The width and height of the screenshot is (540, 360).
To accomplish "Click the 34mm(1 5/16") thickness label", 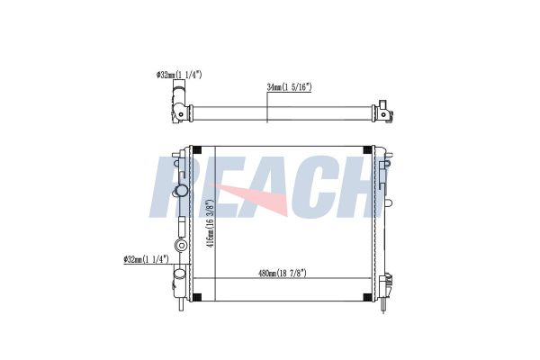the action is (x=289, y=86).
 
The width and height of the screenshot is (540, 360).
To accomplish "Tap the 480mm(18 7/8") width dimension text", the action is (x=283, y=274).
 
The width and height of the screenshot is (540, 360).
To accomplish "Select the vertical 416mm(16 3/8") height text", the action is (x=211, y=223).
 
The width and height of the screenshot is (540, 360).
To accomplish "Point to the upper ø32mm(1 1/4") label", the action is (x=179, y=75).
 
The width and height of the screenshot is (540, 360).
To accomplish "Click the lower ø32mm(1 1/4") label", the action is (x=146, y=259).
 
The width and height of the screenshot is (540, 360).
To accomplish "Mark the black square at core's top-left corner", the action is (x=197, y=150).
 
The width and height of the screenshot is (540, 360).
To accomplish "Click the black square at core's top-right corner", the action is (x=368, y=150).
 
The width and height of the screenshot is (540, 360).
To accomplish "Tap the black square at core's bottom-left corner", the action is (x=197, y=297).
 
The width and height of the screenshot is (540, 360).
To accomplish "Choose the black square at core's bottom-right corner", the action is (x=368, y=297).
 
